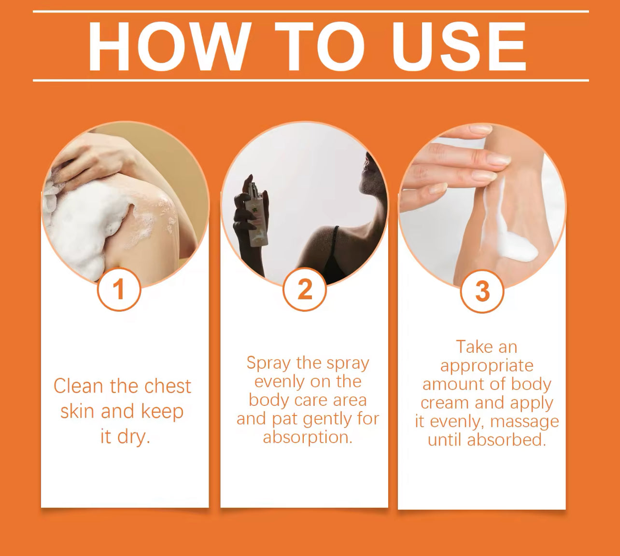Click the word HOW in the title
[168, 46]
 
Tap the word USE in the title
[459, 46]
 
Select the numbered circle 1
[119, 289]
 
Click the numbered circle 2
[305, 289]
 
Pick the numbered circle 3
[482, 291]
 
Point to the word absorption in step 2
[308, 437]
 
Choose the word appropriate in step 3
[487, 366]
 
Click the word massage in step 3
[524, 422]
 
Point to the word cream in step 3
[445, 403]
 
